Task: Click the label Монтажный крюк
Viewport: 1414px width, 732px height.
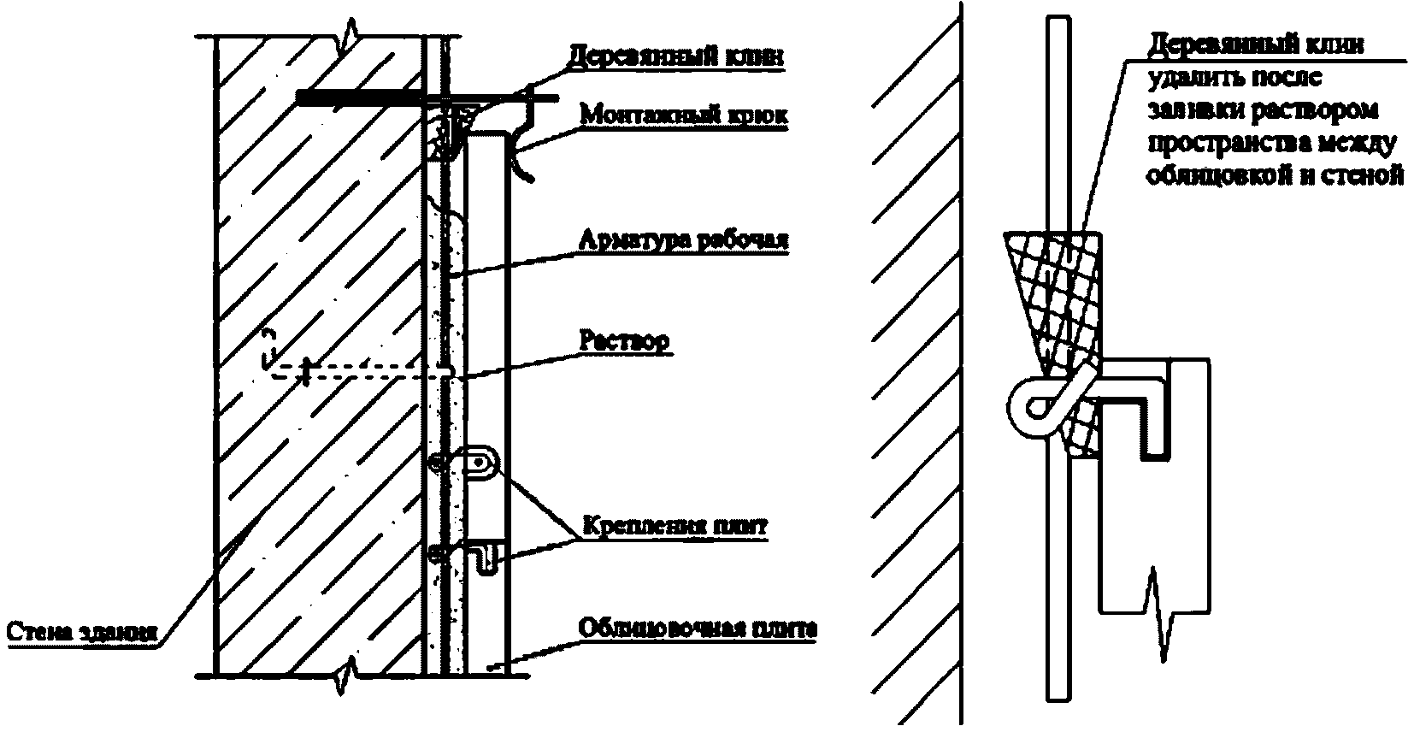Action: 682,115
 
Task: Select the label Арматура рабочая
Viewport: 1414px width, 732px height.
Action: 682,240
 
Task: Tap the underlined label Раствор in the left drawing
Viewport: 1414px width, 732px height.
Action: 624,340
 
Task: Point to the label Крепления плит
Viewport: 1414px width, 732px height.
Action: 675,525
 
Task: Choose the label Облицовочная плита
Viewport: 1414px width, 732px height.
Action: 698,629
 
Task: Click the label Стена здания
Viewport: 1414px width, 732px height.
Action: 82,633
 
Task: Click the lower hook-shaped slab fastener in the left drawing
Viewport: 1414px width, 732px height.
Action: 485,559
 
